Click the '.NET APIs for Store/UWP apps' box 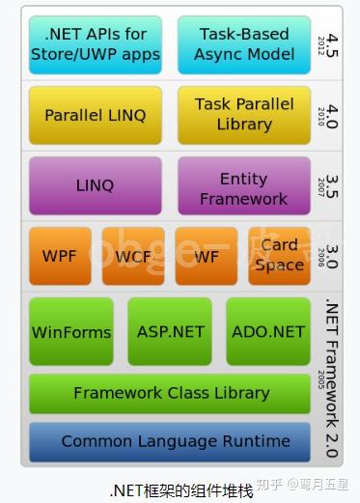[x=96, y=44]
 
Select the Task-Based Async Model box [x=243, y=44]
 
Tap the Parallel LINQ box [x=96, y=115]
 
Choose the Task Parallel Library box [x=243, y=114]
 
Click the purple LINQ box [x=96, y=185]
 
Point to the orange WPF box [x=60, y=257]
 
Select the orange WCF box [x=133, y=257]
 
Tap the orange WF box [x=206, y=257]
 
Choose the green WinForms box [x=71, y=331]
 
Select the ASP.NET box [x=170, y=331]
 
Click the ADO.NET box [x=268, y=331]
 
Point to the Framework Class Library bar [x=172, y=393]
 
